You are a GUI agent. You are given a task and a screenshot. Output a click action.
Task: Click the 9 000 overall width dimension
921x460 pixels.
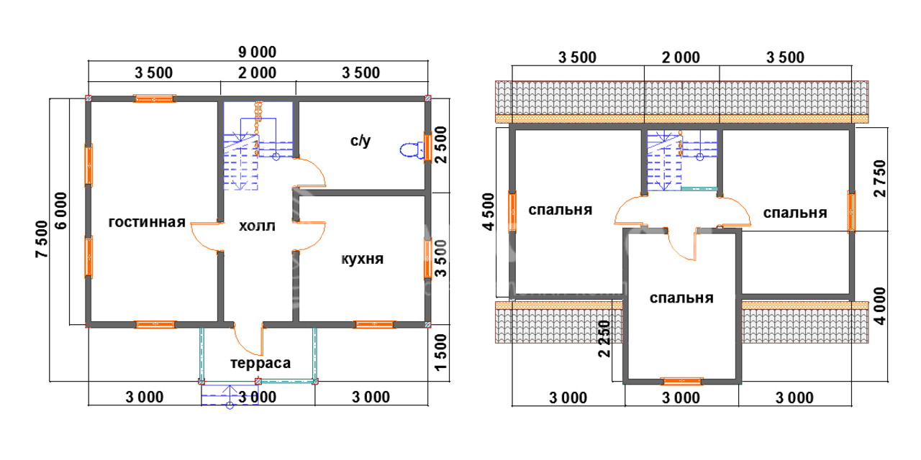pyautogui.click(x=258, y=52)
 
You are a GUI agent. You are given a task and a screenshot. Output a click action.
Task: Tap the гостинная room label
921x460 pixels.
pyautogui.click(x=148, y=222)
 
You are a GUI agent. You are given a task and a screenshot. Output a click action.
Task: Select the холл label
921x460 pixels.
pyautogui.click(x=257, y=226)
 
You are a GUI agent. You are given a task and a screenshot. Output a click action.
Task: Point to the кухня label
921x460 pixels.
pyautogui.click(x=362, y=259)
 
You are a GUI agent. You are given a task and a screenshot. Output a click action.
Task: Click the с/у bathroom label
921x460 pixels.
pyautogui.click(x=360, y=141)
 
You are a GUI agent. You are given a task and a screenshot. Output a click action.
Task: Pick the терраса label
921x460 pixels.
pyautogui.click(x=260, y=363)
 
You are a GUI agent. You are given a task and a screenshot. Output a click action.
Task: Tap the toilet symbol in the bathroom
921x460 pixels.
pyautogui.click(x=411, y=149)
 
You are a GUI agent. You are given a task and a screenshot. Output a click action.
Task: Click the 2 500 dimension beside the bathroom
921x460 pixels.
pyautogui.click(x=442, y=146)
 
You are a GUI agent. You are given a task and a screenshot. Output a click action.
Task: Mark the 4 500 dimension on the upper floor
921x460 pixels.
pyautogui.click(x=489, y=212)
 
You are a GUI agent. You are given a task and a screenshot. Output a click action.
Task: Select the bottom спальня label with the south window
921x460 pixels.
pyautogui.click(x=681, y=298)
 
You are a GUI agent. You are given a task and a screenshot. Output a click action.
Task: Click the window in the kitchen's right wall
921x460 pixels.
pyautogui.click(x=427, y=259)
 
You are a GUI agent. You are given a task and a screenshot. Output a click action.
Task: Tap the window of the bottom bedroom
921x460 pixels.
pyautogui.click(x=681, y=382)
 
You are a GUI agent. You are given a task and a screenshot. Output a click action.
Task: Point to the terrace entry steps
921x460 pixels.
pyautogui.click(x=228, y=397)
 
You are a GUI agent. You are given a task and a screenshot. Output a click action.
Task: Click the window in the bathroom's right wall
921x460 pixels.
pyautogui.click(x=427, y=147)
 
